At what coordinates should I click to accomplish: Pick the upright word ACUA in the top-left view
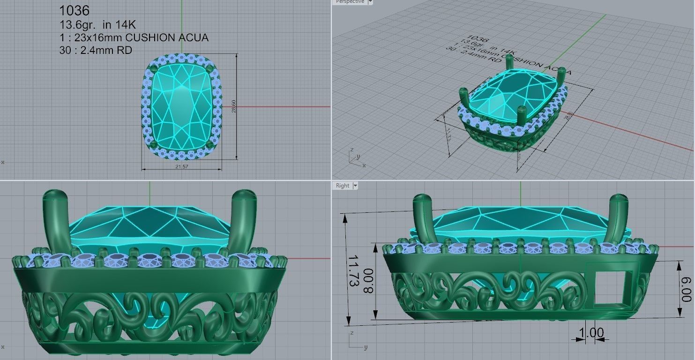tap(194, 38)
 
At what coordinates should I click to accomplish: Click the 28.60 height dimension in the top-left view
tap(233, 106)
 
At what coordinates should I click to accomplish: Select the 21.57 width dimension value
tap(181, 167)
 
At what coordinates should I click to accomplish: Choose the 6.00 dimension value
tap(686, 289)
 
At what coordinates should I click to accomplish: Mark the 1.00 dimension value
tap(591, 333)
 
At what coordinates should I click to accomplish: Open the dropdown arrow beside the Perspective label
tap(370, 2)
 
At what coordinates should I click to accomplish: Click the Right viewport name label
tap(343, 186)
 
